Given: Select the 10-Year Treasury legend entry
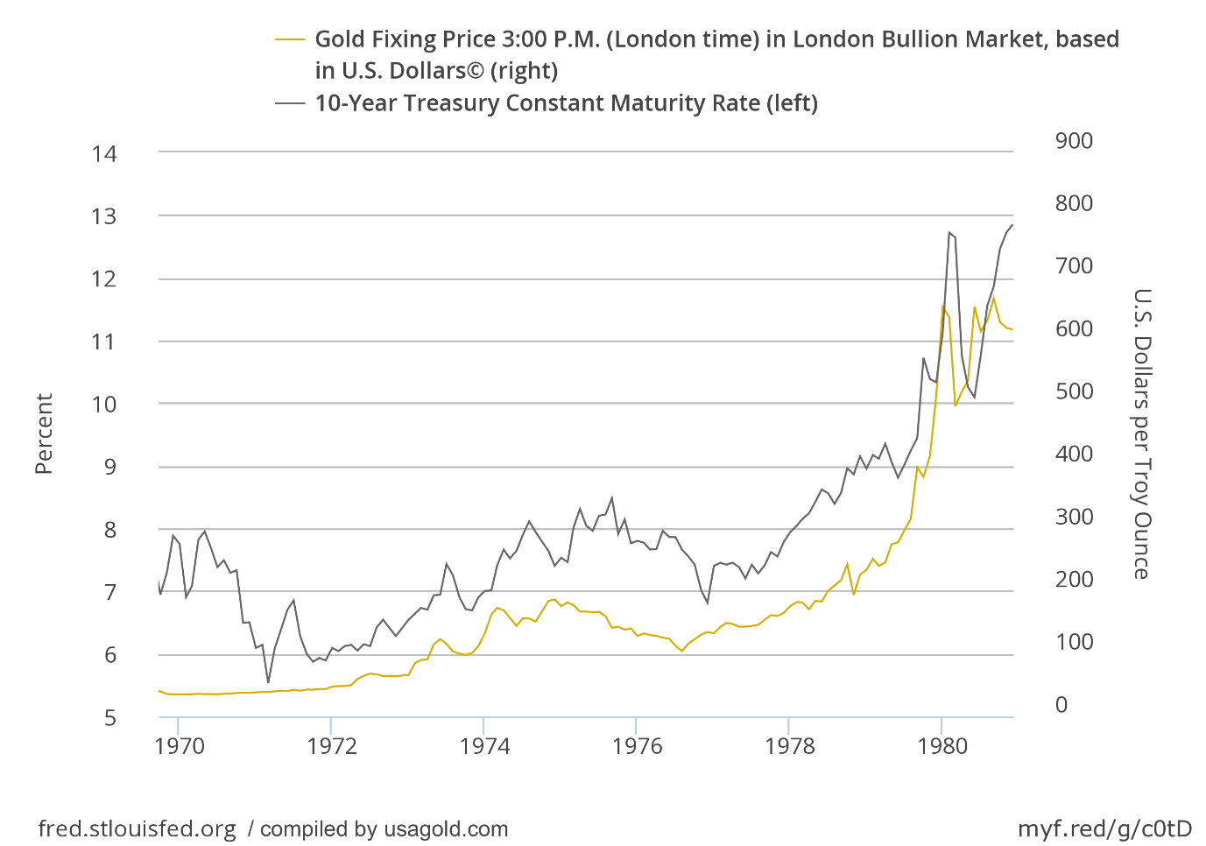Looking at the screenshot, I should click(x=566, y=103).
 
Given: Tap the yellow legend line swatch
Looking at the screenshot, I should click(x=290, y=39).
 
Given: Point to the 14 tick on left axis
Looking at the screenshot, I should click(x=103, y=154).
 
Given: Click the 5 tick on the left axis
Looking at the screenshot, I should click(x=109, y=718).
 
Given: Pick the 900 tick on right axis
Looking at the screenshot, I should click(x=1074, y=141).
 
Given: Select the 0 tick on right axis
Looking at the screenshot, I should click(x=1061, y=705).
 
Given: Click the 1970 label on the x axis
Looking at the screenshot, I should click(x=179, y=746).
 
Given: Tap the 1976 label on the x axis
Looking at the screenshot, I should click(x=637, y=746).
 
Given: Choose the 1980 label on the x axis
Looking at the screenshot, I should click(x=942, y=746).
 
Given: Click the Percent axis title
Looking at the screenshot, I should click(x=44, y=434).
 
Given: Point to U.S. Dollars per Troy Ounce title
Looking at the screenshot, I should click(x=1141, y=434).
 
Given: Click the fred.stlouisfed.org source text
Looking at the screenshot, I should click(x=137, y=829).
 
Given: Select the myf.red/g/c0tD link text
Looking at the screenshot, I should click(x=1104, y=829).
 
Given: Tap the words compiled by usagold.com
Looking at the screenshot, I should click(x=384, y=829).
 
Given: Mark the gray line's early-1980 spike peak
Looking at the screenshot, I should click(x=949, y=232).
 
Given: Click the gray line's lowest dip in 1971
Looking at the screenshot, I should click(x=268, y=682).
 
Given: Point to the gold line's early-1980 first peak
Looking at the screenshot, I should click(x=942, y=307).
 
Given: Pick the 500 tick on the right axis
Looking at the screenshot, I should click(x=1074, y=391).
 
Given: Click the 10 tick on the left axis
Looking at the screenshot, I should click(x=103, y=405).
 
